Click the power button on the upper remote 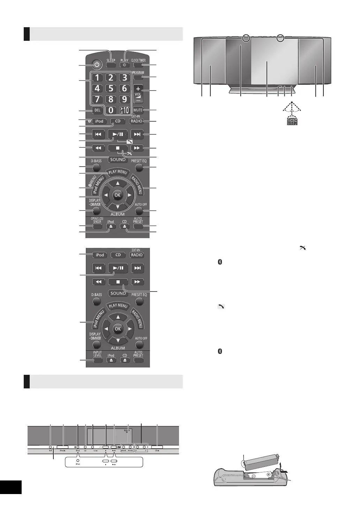(97, 65)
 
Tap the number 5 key (111, 89)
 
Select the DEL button (97, 110)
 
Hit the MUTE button (138, 110)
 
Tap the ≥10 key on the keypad (124, 110)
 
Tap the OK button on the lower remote (118, 329)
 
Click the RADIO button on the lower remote (137, 255)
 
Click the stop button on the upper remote (118, 148)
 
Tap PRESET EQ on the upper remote (139, 167)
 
